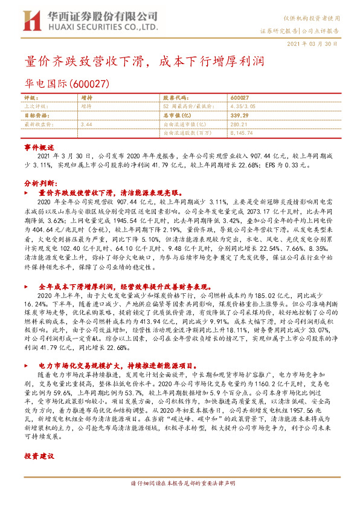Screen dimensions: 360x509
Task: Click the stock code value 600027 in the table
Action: pyautogui.click(x=240, y=97)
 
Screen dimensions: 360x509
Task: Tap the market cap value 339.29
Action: pyautogui.click(x=240, y=114)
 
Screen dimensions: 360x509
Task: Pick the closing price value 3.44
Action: pyautogui.click(x=86, y=123)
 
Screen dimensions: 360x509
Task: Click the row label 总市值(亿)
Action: pyautogui.click(x=178, y=114)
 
